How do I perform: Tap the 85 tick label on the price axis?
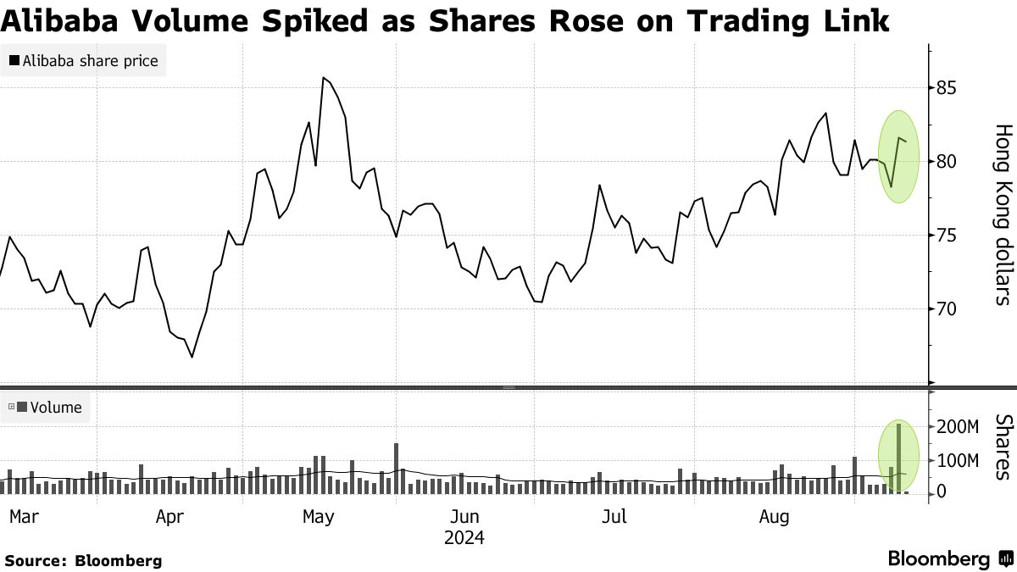coord(948,88)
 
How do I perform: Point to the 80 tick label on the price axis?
coord(948,161)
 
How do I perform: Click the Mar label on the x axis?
coord(24,516)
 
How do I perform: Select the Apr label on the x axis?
coord(172,516)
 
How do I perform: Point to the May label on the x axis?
coord(319,516)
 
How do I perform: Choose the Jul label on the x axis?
coord(613,516)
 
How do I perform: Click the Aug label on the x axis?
coord(775,516)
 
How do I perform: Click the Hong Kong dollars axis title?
coord(1003,214)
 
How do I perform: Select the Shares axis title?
coord(1003,447)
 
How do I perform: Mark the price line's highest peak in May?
coord(323,78)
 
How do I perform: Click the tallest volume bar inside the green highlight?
coord(898,458)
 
